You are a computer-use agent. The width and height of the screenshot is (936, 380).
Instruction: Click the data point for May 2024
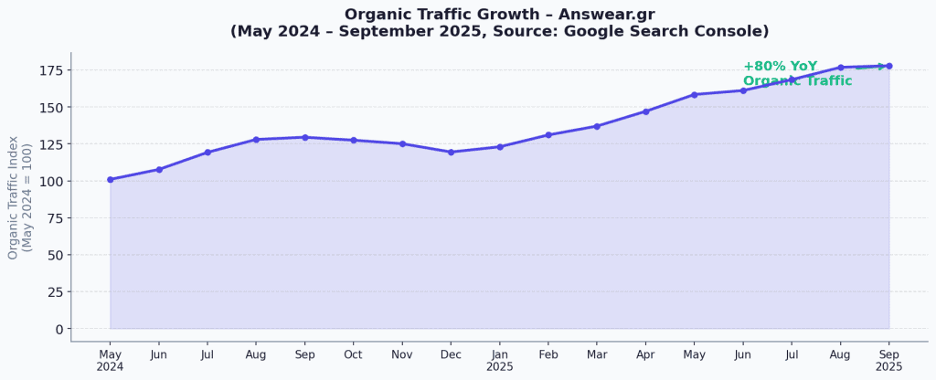pos(111,180)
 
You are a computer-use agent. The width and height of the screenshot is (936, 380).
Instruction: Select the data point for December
pos(451,153)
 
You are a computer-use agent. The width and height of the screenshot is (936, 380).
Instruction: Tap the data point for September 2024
pos(305,138)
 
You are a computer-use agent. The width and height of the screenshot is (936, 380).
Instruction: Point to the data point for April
pos(646,111)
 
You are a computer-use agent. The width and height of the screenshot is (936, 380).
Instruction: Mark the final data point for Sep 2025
pos(889,66)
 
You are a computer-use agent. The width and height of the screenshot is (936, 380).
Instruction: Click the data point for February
pos(548,135)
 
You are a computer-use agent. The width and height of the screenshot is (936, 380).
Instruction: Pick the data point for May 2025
pos(695,95)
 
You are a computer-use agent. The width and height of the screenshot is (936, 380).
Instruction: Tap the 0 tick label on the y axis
pos(58,329)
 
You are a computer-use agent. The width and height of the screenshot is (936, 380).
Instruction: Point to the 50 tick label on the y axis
pos(54,255)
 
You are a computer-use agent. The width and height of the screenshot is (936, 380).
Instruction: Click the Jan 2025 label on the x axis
pos(500,360)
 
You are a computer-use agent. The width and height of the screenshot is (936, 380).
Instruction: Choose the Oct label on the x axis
pos(354,354)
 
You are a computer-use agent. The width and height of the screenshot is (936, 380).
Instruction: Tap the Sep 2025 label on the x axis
pos(889,360)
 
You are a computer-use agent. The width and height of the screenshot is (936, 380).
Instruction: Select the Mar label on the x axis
pos(597,354)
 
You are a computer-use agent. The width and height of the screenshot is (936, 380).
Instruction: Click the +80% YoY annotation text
pos(780,67)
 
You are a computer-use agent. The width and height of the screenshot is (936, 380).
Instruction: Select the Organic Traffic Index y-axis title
pos(19,198)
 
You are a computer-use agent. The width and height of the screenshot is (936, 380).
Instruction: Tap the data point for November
pos(402,144)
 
